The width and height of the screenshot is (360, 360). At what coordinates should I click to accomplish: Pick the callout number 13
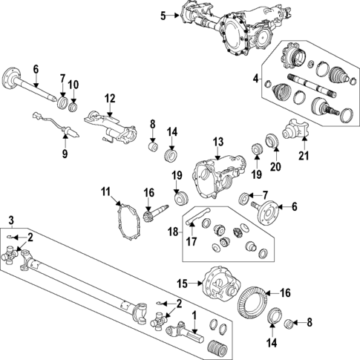pos(217,141)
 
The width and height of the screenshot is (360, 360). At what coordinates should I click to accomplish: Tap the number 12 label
pos(110,98)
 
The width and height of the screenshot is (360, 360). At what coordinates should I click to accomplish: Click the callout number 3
pos(11,219)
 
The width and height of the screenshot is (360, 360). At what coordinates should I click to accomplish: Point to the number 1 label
pos(195,315)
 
